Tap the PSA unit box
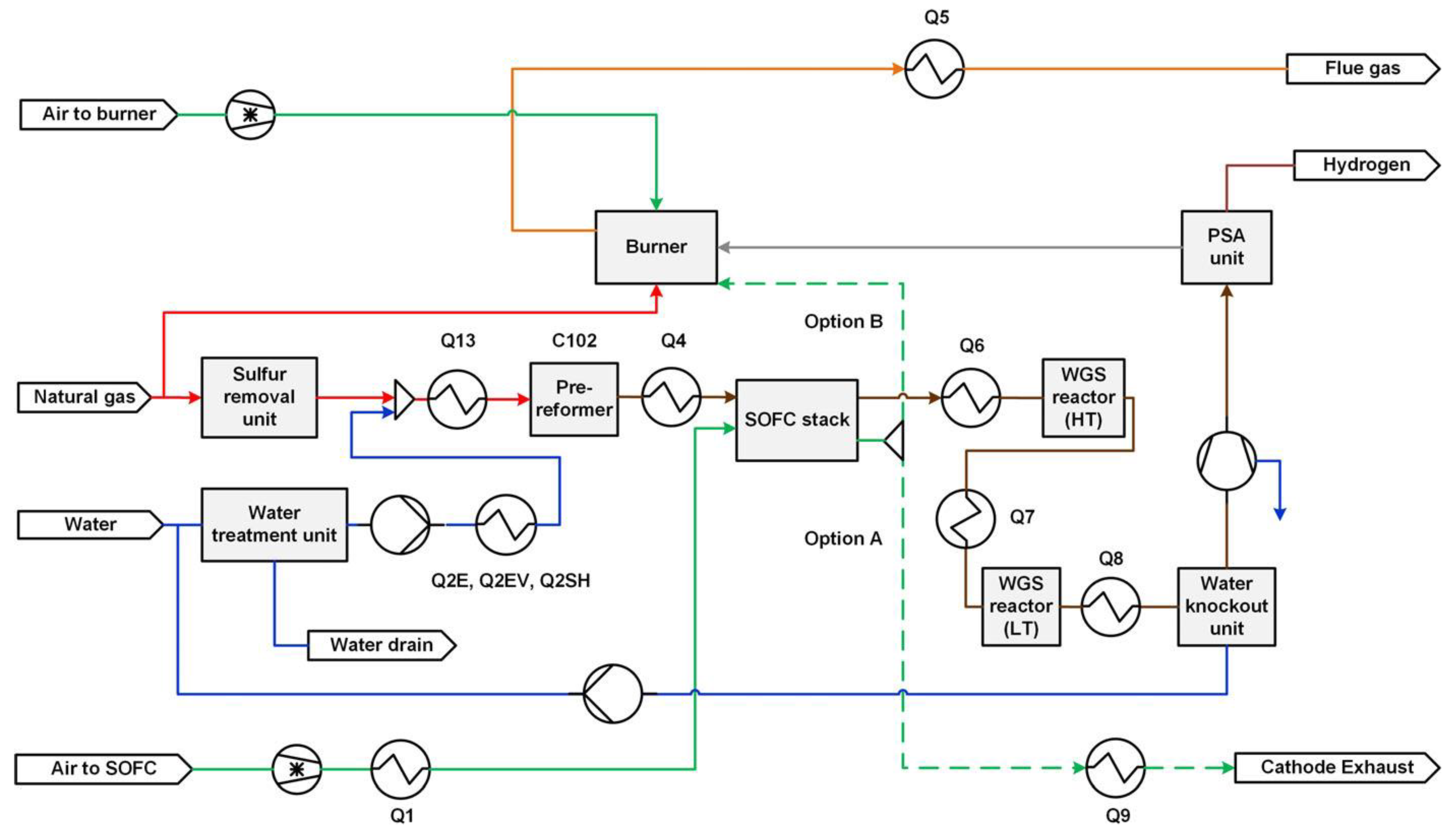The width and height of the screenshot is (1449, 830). pyautogui.click(x=1226, y=247)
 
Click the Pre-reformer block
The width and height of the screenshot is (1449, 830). pyautogui.click(x=574, y=399)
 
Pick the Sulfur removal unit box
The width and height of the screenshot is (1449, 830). pyautogui.click(x=260, y=397)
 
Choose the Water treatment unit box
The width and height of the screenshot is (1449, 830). pyautogui.click(x=274, y=524)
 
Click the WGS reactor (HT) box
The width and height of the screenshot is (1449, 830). pyautogui.click(x=1083, y=397)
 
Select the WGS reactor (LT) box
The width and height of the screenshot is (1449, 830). pyautogui.click(x=1021, y=606)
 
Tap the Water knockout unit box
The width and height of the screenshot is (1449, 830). pyautogui.click(x=1226, y=606)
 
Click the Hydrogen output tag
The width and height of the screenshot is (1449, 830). pyautogui.click(x=1366, y=165)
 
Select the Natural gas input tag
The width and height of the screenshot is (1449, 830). pyautogui.click(x=84, y=397)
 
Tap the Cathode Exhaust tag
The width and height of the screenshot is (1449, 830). pyautogui.click(x=1337, y=767)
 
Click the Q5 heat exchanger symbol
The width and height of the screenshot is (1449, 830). pyautogui.click(x=934, y=69)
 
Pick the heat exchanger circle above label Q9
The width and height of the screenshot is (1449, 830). pyautogui.click(x=1115, y=768)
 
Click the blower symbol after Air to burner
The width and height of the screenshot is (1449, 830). pyautogui.click(x=250, y=115)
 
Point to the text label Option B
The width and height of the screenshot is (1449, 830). pyautogui.click(x=843, y=321)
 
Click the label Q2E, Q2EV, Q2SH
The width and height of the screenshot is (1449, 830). pyautogui.click(x=510, y=581)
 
